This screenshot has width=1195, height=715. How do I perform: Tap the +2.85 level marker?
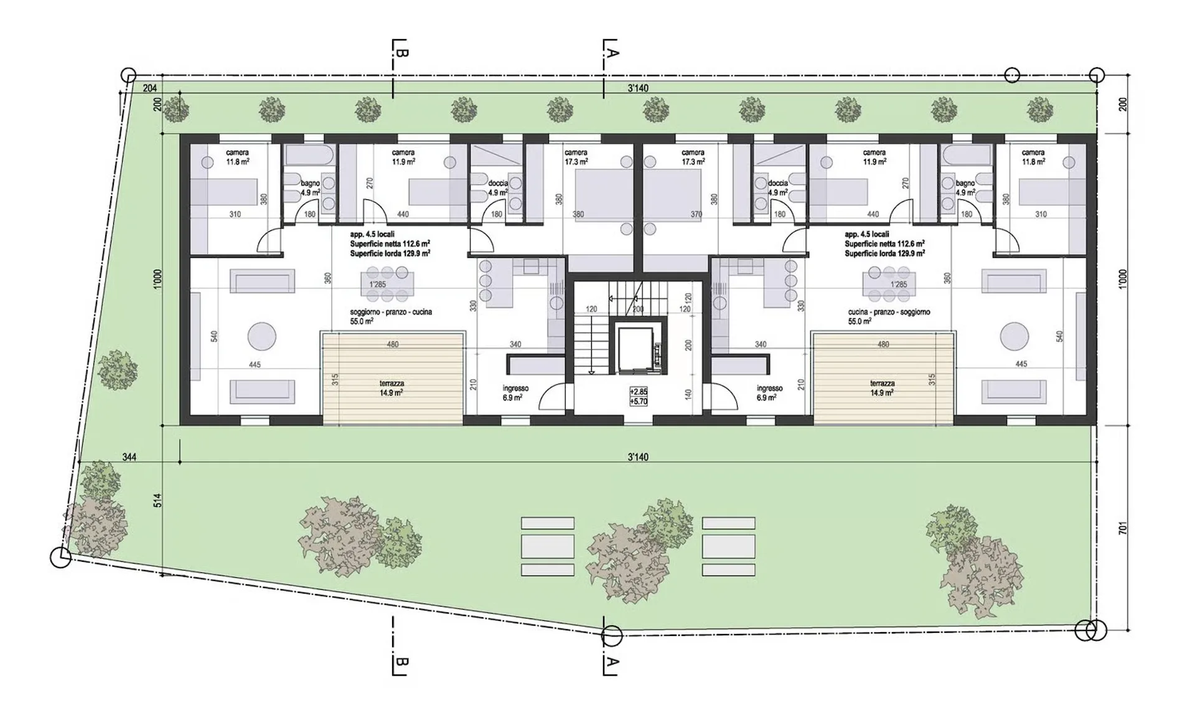tap(639, 392)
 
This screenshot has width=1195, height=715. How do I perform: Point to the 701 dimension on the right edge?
tap(1122, 529)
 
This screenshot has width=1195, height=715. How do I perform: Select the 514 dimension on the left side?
tap(157, 500)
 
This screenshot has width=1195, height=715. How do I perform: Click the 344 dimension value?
tap(129, 457)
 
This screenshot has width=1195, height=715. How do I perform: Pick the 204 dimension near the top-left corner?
tap(149, 88)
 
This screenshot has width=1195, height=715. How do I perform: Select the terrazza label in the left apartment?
tap(392, 384)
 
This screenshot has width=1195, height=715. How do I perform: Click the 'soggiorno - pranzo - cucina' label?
tap(391, 312)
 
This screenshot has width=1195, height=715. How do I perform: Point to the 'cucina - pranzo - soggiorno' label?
tap(889, 312)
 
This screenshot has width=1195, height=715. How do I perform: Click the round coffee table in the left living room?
tap(262, 337)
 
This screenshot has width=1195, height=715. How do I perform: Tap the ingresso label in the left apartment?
tap(515, 388)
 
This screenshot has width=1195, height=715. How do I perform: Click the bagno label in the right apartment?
tap(965, 183)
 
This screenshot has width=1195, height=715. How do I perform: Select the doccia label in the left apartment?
tap(498, 183)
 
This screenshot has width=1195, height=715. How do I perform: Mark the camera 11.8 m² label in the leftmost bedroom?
tap(237, 157)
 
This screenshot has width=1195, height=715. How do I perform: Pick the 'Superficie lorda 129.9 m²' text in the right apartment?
tap(884, 253)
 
